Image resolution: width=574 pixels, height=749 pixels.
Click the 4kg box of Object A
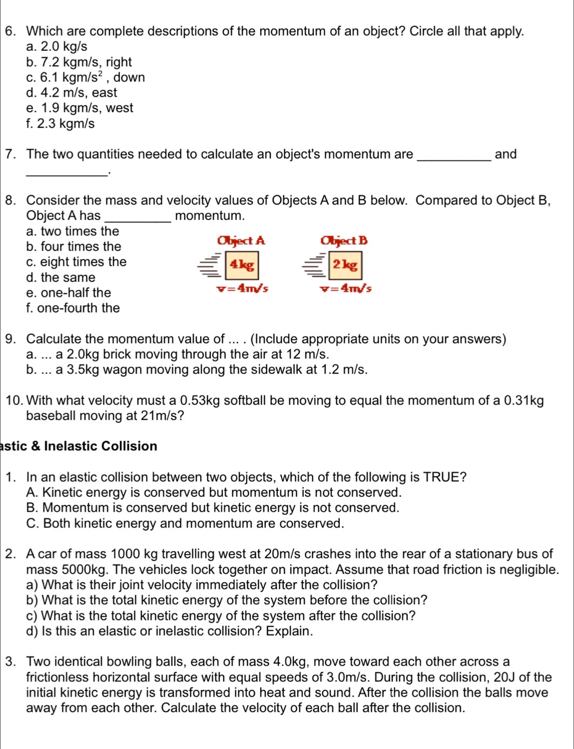242,265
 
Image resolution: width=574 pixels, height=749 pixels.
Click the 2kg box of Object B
345,265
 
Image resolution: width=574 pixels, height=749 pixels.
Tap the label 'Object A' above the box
241,241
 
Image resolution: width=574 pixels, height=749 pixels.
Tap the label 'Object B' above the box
344,241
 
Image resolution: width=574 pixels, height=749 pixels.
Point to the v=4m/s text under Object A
242,288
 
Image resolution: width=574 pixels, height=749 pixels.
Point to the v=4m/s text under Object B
345,288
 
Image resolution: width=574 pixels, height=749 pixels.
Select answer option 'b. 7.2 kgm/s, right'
79,62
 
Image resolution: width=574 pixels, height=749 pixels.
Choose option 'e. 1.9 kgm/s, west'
79,108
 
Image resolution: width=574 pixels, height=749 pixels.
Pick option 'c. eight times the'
76,262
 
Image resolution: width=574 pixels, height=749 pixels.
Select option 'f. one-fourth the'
73,308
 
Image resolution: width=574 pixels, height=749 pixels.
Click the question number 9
10,339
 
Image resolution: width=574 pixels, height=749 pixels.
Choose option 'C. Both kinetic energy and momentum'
184,524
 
